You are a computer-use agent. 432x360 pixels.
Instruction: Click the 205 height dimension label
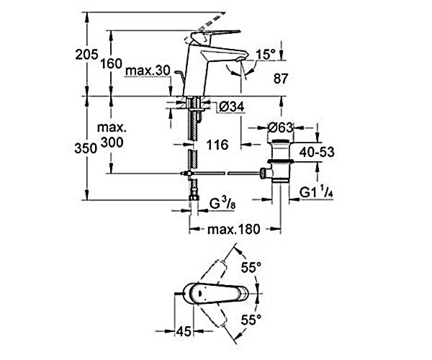[x=86, y=55]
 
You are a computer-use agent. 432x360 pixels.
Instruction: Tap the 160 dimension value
[x=111, y=63]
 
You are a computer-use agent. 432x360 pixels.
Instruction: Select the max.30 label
[x=148, y=71]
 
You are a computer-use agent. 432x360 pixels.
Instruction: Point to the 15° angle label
[x=266, y=55]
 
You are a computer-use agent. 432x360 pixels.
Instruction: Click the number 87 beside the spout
[x=281, y=78]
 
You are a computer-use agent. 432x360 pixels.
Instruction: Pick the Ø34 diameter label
[x=231, y=107]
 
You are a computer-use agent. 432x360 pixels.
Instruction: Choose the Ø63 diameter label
[x=280, y=128]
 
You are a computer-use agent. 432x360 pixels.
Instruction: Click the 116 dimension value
[x=217, y=145]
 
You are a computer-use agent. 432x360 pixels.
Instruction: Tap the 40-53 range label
[x=317, y=152]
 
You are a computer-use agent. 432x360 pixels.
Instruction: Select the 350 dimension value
[x=86, y=148]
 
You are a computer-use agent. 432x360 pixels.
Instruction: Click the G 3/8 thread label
[x=222, y=204]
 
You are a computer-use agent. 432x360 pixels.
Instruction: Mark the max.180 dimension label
[x=234, y=229]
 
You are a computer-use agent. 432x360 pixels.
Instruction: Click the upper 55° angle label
[x=251, y=267]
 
